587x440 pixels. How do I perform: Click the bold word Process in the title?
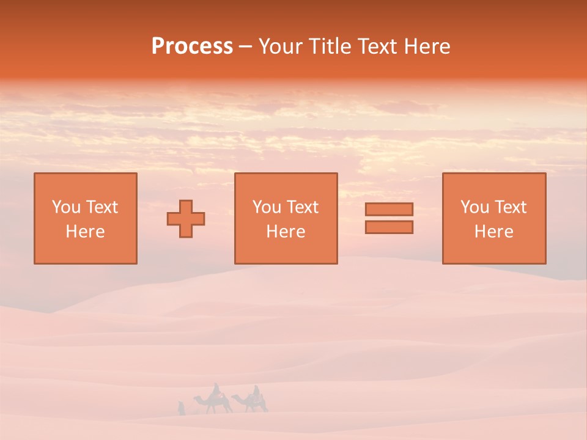tap(192, 46)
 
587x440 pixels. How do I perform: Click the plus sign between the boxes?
tap(186, 219)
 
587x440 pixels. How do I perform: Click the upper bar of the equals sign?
tap(389, 209)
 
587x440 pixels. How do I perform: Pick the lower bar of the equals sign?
tap(389, 227)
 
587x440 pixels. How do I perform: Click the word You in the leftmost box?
tap(66, 207)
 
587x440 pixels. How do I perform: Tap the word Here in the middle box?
tap(286, 232)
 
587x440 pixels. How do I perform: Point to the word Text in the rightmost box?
tap(511, 207)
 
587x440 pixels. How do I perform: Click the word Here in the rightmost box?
tap(494, 232)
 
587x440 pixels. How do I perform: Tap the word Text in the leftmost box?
tap(101, 207)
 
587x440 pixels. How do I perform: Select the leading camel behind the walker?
tap(213, 403)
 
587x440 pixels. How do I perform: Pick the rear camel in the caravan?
tap(251, 403)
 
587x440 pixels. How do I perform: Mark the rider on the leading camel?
tap(215, 390)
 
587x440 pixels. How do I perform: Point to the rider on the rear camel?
tap(256, 392)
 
